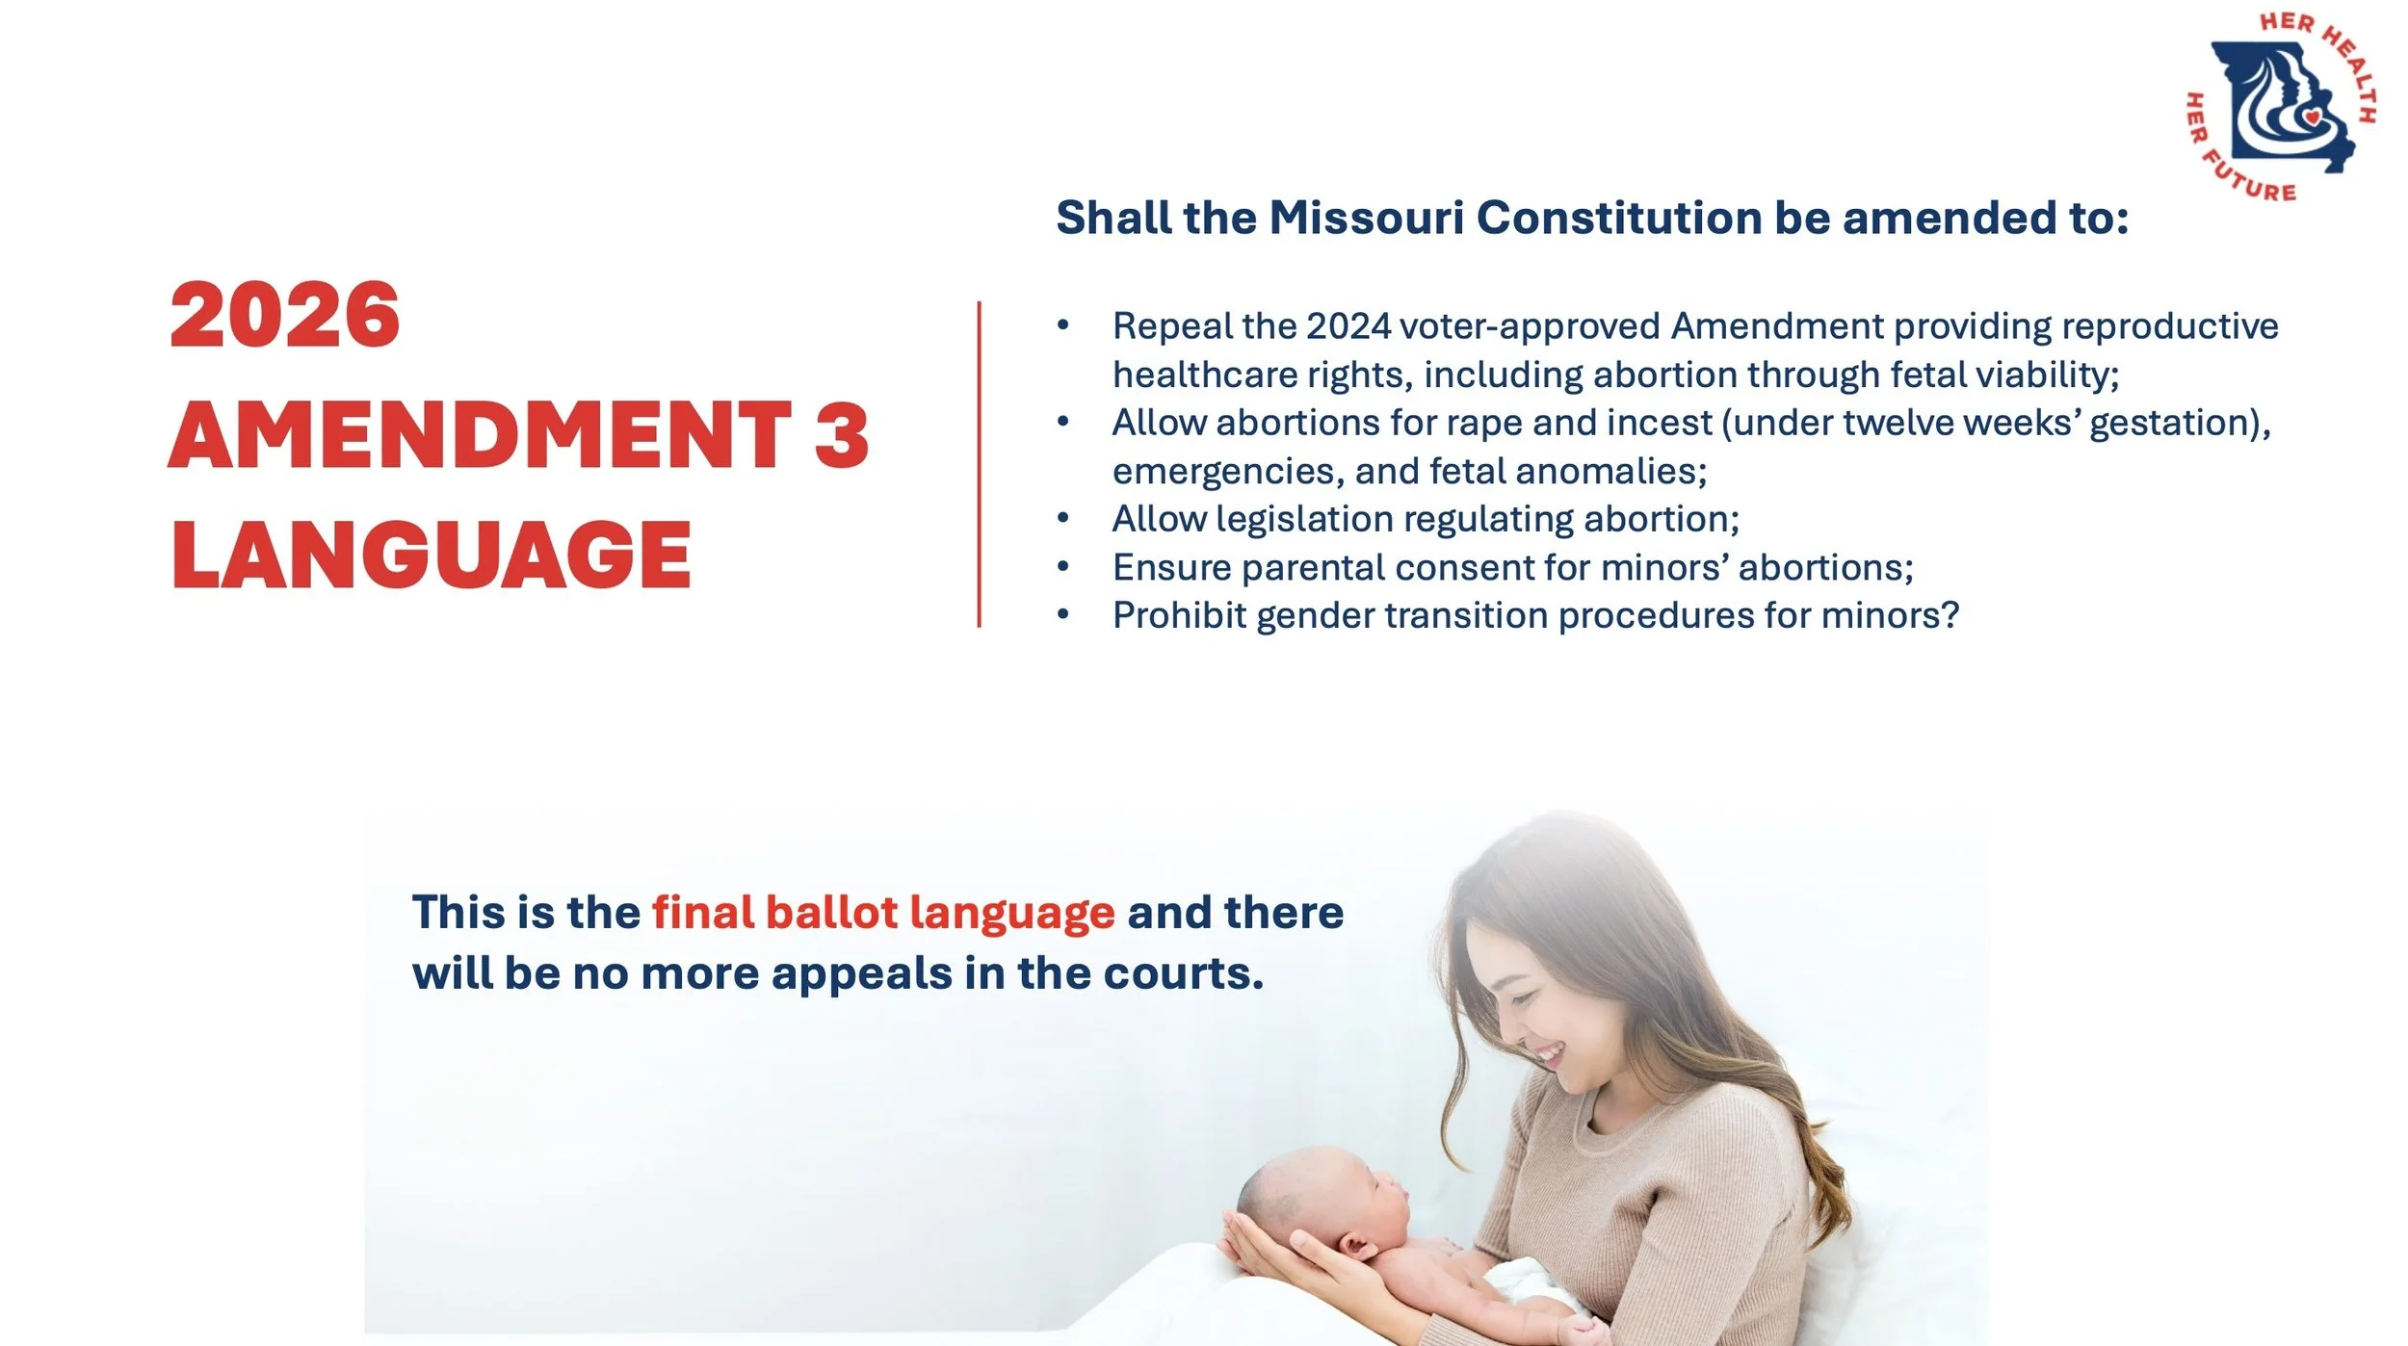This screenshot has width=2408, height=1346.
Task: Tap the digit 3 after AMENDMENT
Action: click(x=841, y=435)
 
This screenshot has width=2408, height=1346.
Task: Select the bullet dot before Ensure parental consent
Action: click(x=1062, y=566)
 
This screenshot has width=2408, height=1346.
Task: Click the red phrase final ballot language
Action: click(x=883, y=913)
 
